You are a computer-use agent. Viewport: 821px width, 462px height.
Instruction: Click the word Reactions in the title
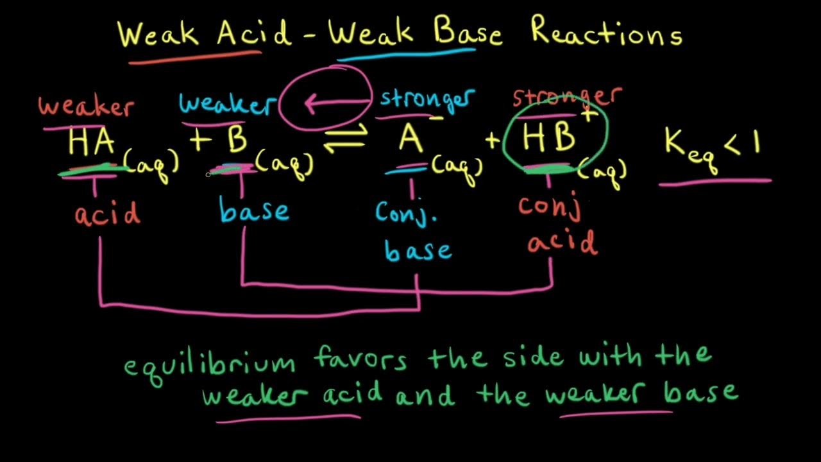pos(606,32)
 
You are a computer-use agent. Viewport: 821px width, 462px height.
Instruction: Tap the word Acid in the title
pos(253,32)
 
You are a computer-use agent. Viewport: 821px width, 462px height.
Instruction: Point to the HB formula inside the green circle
pos(549,138)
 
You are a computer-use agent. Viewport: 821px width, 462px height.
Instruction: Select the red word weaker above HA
pos(86,107)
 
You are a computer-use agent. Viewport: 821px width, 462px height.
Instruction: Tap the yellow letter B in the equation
pos(237,141)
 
